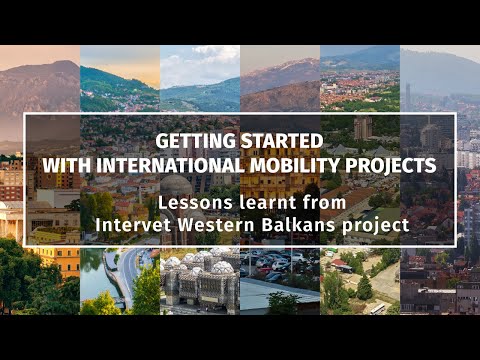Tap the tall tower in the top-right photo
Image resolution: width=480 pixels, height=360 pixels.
pos(407,96)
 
